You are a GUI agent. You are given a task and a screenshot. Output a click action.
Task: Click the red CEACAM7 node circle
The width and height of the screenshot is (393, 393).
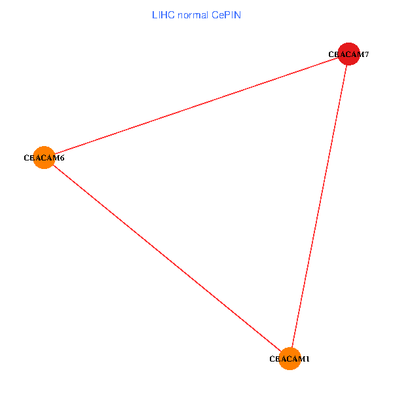(x=349, y=54)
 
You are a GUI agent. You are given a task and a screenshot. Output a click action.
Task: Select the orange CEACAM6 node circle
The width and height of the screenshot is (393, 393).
(x=44, y=157)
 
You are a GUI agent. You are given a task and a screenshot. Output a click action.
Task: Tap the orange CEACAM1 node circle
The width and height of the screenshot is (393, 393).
(x=290, y=359)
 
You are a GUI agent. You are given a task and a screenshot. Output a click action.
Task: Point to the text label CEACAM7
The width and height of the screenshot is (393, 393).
(x=349, y=54)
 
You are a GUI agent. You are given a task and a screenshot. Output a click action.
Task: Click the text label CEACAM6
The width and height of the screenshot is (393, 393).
(x=44, y=158)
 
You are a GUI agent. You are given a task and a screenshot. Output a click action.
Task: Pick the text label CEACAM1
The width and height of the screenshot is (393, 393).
(x=290, y=359)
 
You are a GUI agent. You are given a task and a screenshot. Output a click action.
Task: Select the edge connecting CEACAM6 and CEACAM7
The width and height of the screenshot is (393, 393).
(x=196, y=105)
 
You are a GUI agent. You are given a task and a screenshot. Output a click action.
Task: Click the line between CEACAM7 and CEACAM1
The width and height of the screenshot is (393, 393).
(x=319, y=206)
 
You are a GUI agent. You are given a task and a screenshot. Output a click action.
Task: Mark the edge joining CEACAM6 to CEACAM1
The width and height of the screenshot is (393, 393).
(x=167, y=258)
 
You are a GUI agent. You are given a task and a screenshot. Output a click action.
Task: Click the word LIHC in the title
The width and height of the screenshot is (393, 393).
(x=163, y=14)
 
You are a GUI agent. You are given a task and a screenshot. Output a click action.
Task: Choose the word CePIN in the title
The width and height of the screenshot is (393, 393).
(x=227, y=14)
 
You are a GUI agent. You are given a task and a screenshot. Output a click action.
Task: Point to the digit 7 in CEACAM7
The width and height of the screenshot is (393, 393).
(x=367, y=54)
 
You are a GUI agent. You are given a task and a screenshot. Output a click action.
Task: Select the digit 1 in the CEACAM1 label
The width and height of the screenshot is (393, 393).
(x=307, y=359)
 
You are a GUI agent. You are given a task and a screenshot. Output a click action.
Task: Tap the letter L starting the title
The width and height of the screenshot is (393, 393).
(x=155, y=14)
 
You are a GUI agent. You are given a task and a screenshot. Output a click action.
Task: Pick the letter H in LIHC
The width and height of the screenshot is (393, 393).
(x=164, y=14)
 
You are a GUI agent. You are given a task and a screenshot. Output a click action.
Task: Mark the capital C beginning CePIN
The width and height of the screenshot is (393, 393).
(x=215, y=14)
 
